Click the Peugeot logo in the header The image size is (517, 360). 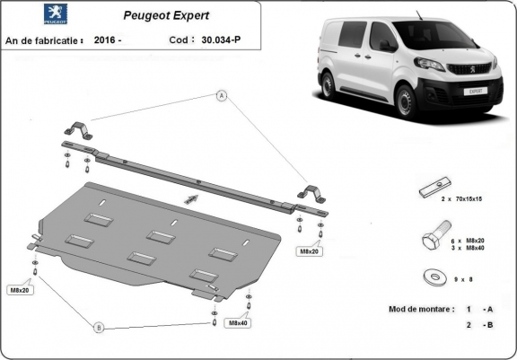pyautogui.click(x=56, y=13)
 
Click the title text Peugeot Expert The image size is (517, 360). pyautogui.click(x=166, y=15)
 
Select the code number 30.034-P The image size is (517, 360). pyautogui.click(x=221, y=40)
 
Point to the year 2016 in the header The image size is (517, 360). pyautogui.click(x=104, y=40)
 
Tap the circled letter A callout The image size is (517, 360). pyautogui.click(x=222, y=96)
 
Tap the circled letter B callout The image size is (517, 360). pyautogui.click(x=99, y=328)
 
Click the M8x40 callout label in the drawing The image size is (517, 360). pyautogui.click(x=238, y=323)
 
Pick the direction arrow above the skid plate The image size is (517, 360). pyautogui.click(x=191, y=199)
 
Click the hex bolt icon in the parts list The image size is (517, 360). pyautogui.click(x=436, y=234)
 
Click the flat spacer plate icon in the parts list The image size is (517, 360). pyautogui.click(x=435, y=187)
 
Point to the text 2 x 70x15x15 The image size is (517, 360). pyautogui.click(x=461, y=199)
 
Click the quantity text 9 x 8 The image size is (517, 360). pyautogui.click(x=463, y=279)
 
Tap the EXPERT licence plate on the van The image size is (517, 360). pyautogui.click(x=475, y=92)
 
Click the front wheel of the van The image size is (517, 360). pyautogui.click(x=406, y=101)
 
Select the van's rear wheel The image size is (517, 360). pyautogui.click(x=329, y=85)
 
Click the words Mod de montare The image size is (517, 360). pyautogui.click(x=421, y=309)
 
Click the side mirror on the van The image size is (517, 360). pyautogui.click(x=387, y=46)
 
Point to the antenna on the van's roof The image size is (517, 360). pyautogui.click(x=419, y=15)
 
